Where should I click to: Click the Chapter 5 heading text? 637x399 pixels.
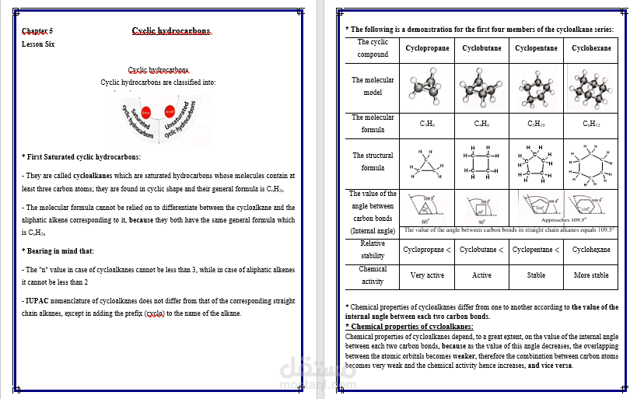pos(38,32)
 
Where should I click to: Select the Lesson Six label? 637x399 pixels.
pos(38,44)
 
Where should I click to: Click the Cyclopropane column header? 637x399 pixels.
pos(428,48)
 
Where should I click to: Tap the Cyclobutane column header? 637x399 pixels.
pos(481,48)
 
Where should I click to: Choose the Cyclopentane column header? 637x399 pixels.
pos(536,48)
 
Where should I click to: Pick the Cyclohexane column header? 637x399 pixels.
pos(591,48)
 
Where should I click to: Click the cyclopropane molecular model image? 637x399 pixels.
pos(428,87)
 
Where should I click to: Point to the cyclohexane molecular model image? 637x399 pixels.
pos(591,87)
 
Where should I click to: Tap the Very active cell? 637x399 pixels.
pos(428,275)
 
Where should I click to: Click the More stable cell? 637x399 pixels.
pos(591,275)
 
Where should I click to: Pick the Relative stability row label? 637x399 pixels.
pos(373,250)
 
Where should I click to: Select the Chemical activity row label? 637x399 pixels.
pos(373,275)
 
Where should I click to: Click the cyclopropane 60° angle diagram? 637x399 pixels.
pos(426,208)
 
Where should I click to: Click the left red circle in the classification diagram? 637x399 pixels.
pos(145,113)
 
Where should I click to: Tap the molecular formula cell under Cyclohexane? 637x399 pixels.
pos(591,123)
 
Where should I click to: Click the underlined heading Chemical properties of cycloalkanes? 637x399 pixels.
pos(411,327)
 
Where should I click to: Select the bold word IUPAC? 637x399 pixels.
pos(37,300)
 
